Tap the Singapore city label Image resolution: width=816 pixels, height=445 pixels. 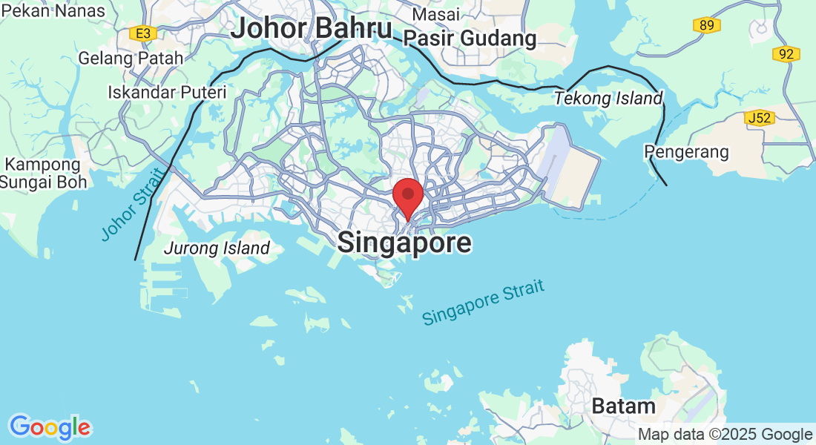point(404,243)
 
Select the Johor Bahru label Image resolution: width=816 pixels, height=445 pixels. point(311,29)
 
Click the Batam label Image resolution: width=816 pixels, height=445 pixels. point(623,406)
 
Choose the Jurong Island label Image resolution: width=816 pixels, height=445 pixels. point(217,248)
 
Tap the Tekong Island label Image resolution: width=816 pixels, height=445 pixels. point(608,99)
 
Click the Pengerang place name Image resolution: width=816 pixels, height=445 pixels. point(687,152)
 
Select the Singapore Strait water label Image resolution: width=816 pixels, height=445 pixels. point(483,303)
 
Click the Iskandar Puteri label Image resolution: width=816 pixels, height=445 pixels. point(167,93)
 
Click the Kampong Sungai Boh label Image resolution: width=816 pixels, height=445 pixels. point(43,173)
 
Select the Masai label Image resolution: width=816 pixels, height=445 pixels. point(436,14)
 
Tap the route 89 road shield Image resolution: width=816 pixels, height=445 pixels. point(708,26)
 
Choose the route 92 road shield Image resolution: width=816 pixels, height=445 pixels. point(786,54)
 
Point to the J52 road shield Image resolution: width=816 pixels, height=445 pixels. point(760,117)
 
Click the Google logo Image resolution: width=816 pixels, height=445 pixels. point(50,427)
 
